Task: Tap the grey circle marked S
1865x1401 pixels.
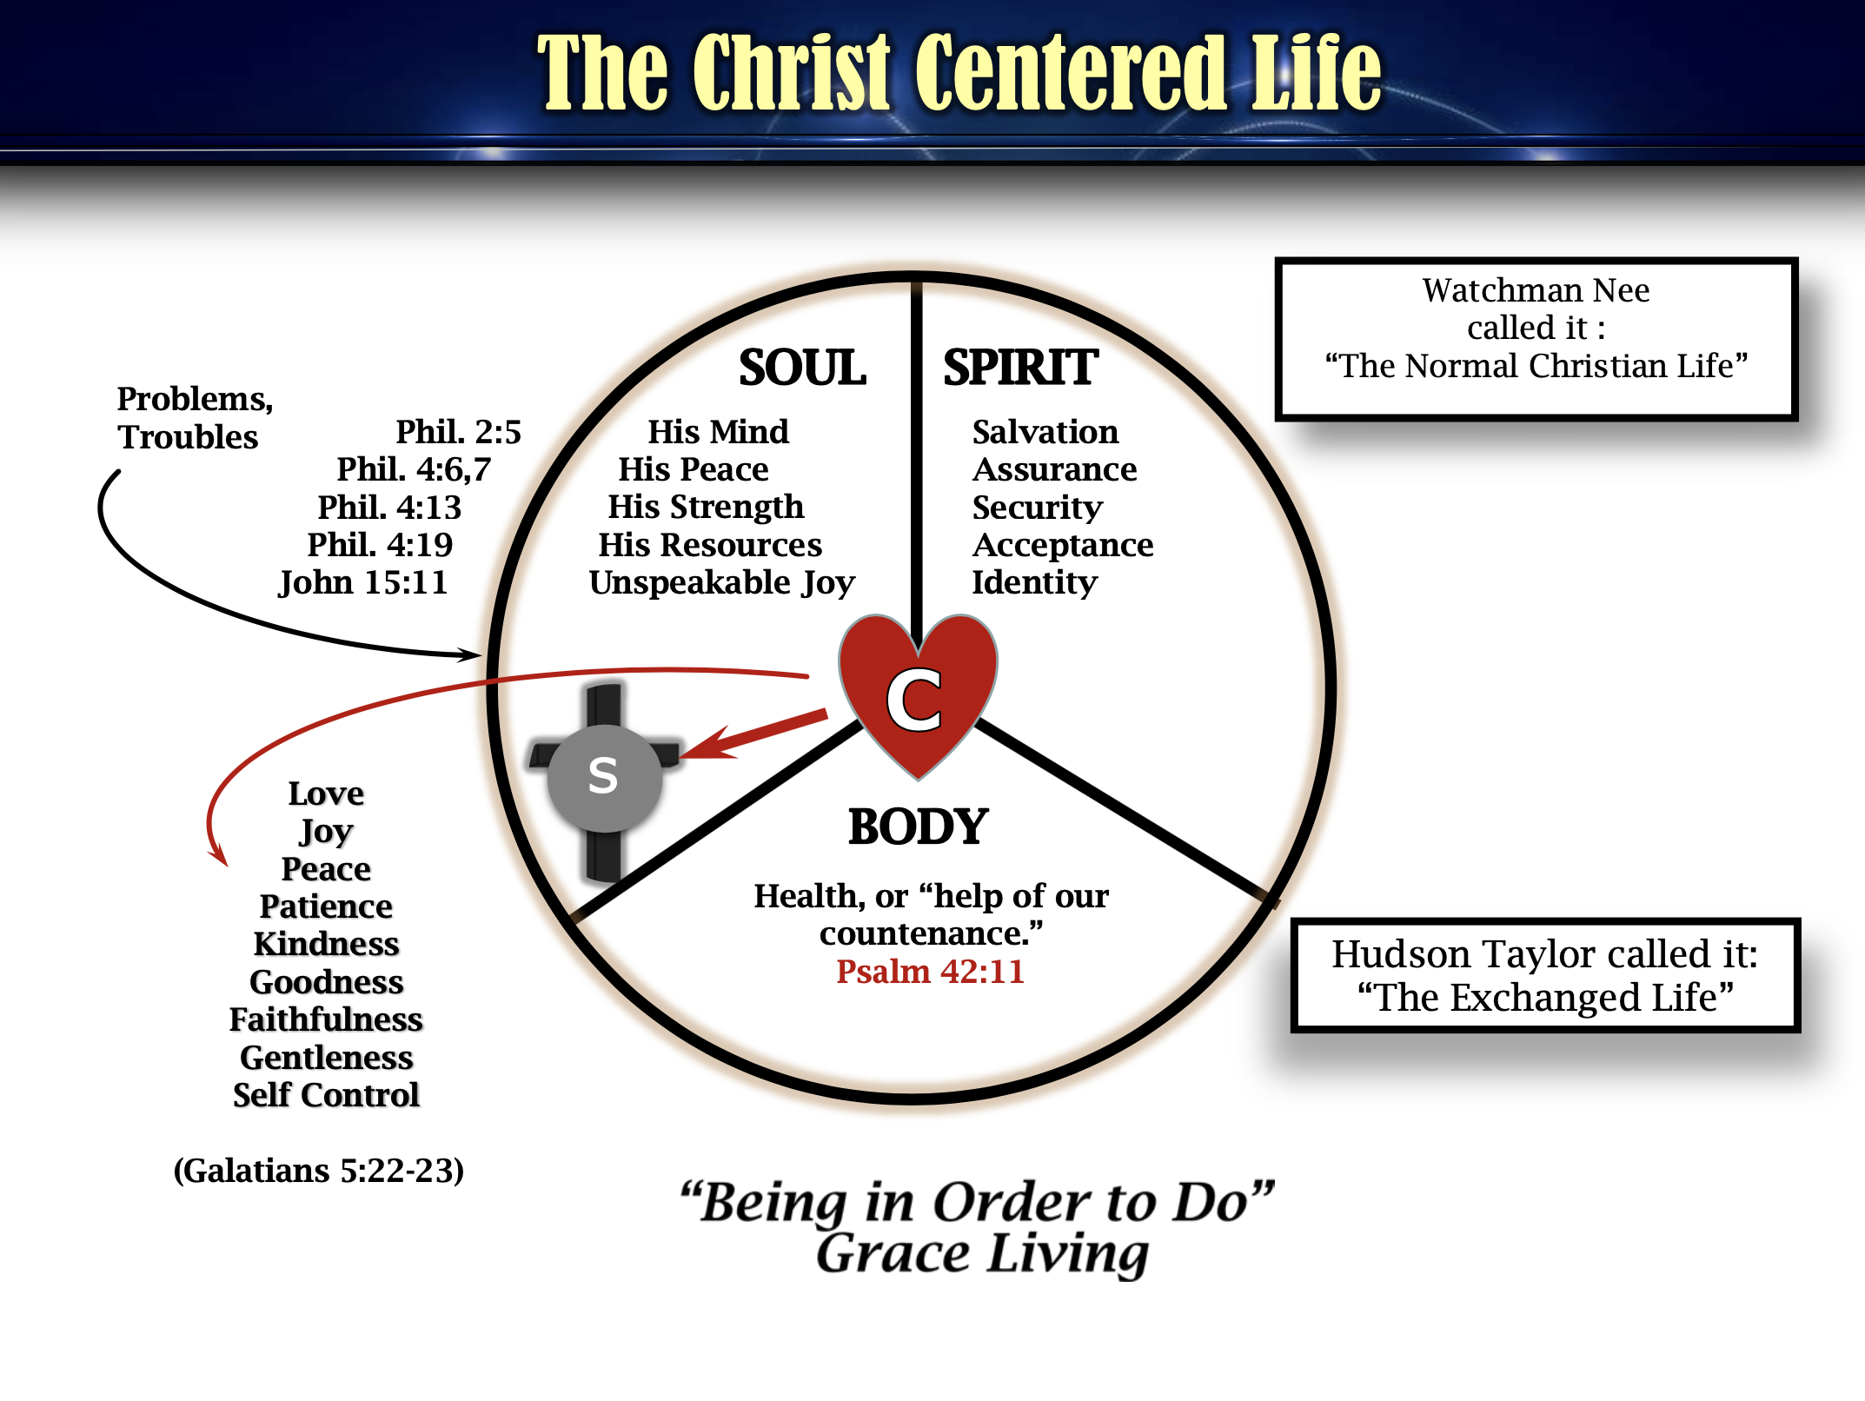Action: (604, 776)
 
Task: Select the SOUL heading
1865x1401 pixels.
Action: (802, 368)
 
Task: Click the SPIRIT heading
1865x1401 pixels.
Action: (1020, 368)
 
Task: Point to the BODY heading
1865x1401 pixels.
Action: (918, 827)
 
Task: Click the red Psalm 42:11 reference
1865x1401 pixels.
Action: (930, 972)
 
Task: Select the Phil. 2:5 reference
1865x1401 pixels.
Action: (458, 432)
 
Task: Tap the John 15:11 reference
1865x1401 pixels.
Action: (363, 582)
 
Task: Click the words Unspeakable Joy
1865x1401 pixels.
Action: (721, 582)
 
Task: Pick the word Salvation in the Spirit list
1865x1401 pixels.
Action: (1045, 432)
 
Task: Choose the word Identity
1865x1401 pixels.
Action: (1034, 582)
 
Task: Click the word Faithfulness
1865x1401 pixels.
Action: (326, 1019)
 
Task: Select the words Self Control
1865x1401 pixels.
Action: (326, 1095)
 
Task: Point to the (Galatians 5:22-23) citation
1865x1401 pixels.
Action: (318, 1171)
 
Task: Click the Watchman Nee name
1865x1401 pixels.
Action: (1536, 290)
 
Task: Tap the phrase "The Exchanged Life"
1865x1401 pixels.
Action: (1545, 998)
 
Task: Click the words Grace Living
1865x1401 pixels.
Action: (982, 1254)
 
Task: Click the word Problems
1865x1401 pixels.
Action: (195, 399)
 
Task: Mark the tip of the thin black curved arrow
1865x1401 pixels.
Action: (479, 654)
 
